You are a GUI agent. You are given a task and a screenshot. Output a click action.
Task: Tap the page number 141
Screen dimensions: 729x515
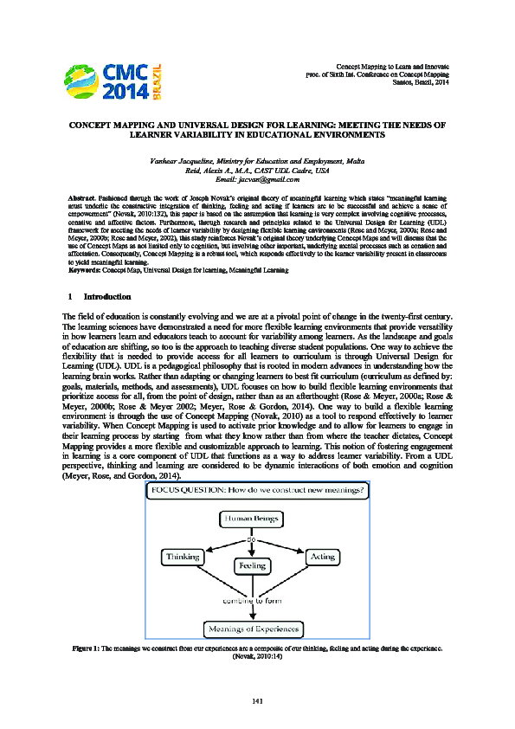pyautogui.click(x=257, y=700)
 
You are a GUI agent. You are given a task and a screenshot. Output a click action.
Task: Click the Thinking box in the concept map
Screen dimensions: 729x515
pyautogui.click(x=184, y=558)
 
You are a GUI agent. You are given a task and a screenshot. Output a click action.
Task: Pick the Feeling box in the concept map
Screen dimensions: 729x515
pyautogui.click(x=252, y=565)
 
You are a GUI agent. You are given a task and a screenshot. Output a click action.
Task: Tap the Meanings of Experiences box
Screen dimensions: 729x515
pyautogui.click(x=252, y=628)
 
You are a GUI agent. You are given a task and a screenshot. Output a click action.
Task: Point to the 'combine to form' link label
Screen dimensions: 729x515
pyautogui.click(x=252, y=600)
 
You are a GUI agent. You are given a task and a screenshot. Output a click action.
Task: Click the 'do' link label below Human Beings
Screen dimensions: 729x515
pyautogui.click(x=252, y=538)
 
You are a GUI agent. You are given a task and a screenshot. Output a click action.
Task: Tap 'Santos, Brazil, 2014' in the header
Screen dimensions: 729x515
pyautogui.click(x=420, y=81)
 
